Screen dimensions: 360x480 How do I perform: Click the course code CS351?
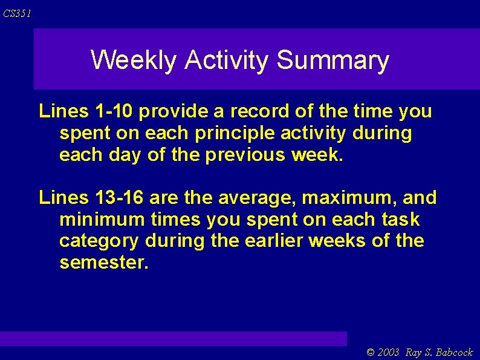coord(17,14)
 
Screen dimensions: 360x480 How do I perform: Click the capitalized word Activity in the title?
coord(227,61)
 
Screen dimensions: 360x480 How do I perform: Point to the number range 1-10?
coord(115,111)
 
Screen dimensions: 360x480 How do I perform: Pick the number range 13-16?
coord(120,197)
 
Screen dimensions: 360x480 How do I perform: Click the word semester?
coord(103,263)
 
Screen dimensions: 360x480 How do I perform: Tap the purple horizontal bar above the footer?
coord(174,338)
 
